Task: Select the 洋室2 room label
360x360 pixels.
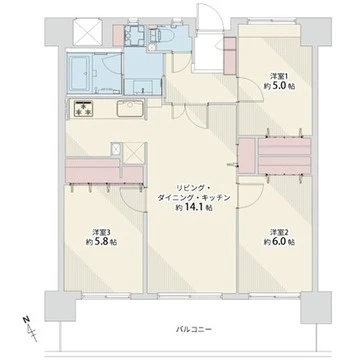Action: click(278, 232)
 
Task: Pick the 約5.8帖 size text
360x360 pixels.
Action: click(88, 242)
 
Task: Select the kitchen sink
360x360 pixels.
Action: click(128, 109)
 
